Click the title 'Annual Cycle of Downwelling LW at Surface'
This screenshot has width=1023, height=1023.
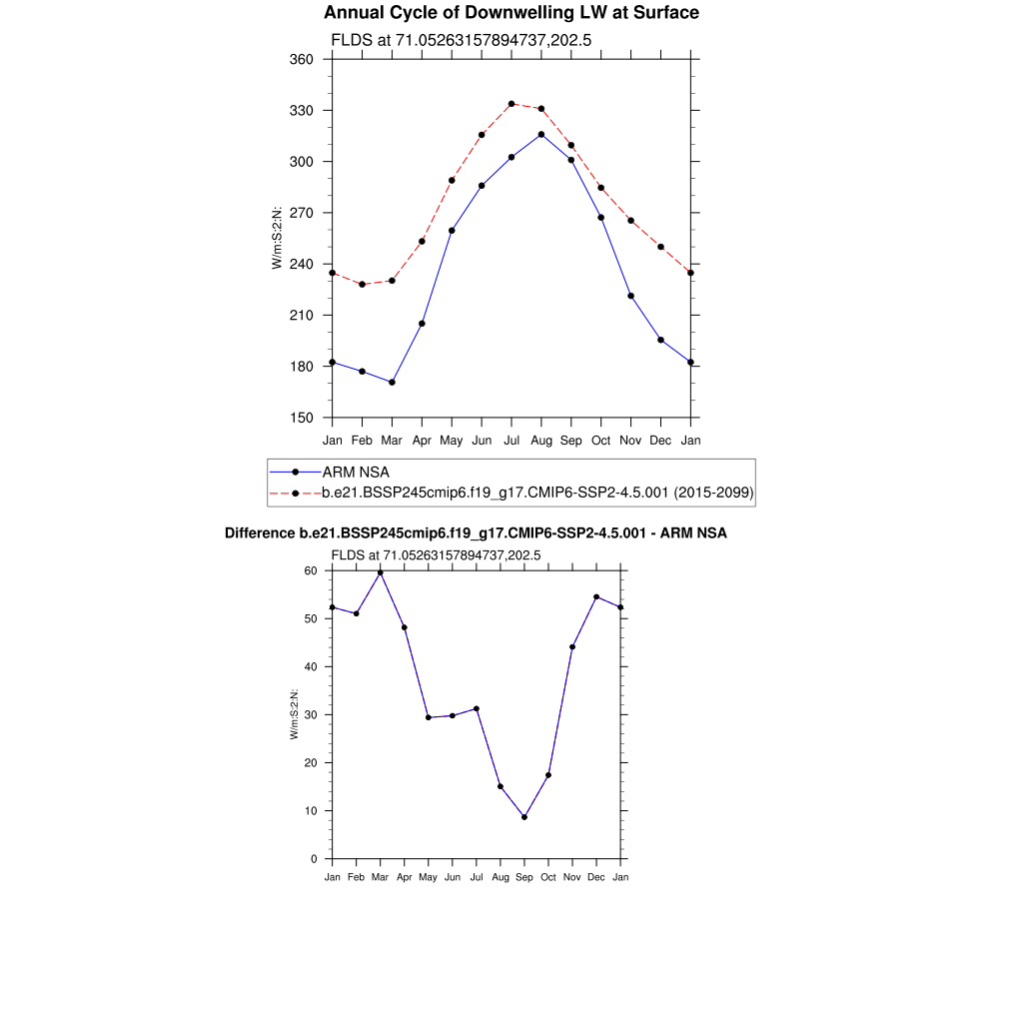(x=511, y=13)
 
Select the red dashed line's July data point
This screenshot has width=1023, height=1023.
(x=511, y=104)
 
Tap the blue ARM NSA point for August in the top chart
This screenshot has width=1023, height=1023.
(x=541, y=134)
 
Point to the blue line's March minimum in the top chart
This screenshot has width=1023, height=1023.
(x=393, y=383)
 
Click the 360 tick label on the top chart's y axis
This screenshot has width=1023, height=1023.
(x=303, y=60)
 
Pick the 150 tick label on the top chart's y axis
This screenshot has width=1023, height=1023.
(x=303, y=418)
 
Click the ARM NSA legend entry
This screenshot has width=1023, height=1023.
(x=355, y=472)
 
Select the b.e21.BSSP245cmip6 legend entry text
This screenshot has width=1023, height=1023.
(x=536, y=493)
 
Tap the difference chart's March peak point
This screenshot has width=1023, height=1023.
(x=380, y=572)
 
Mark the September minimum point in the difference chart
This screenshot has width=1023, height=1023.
(x=524, y=817)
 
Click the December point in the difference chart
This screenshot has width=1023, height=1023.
(x=596, y=597)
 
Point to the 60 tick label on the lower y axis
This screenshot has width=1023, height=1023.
(x=311, y=571)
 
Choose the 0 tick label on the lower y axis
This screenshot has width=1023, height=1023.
(x=314, y=859)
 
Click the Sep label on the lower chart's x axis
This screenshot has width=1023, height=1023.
(x=524, y=877)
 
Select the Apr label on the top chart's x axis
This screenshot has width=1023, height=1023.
(x=422, y=440)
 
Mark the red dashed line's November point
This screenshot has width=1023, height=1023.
(x=631, y=221)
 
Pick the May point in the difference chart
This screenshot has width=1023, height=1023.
(x=429, y=717)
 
